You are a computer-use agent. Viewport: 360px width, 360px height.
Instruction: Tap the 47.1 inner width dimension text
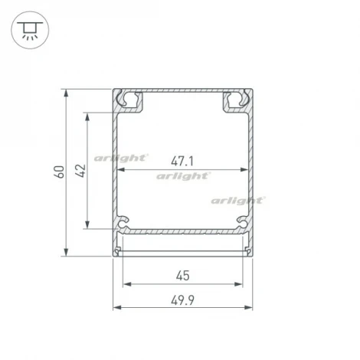point(182,162)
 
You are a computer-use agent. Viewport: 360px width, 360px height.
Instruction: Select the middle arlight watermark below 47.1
point(183,175)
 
